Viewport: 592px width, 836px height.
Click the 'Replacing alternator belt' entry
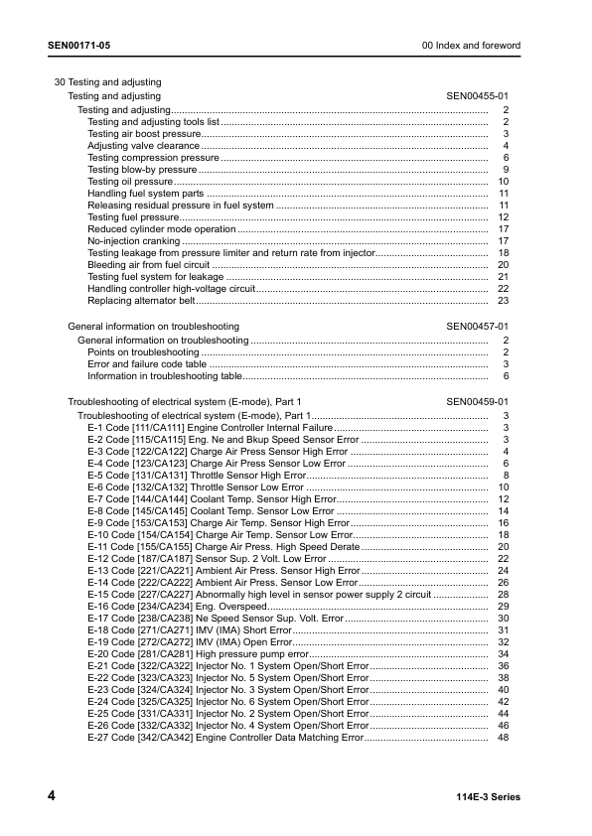(140, 300)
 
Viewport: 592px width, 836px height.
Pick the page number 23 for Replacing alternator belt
(504, 300)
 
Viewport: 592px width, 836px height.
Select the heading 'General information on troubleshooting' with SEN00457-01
(153, 326)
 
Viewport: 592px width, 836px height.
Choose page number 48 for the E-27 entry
(504, 737)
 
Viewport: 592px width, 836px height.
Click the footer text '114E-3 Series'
(488, 797)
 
